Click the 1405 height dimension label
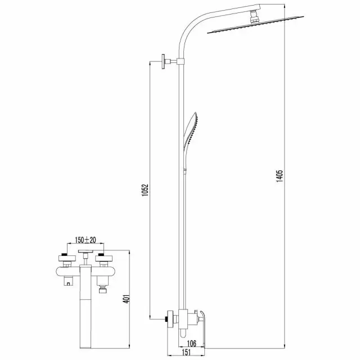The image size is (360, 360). pos(280,176)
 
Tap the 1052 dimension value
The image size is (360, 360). pos(145,190)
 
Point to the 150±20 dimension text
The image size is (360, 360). pos(85,240)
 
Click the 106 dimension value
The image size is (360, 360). pos(192,344)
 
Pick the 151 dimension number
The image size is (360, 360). pos(186,353)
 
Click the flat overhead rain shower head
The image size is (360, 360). pos(255,25)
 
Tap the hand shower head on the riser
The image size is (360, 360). pos(190,130)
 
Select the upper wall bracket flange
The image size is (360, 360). pos(163,61)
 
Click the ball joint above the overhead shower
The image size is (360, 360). pos(254,17)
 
